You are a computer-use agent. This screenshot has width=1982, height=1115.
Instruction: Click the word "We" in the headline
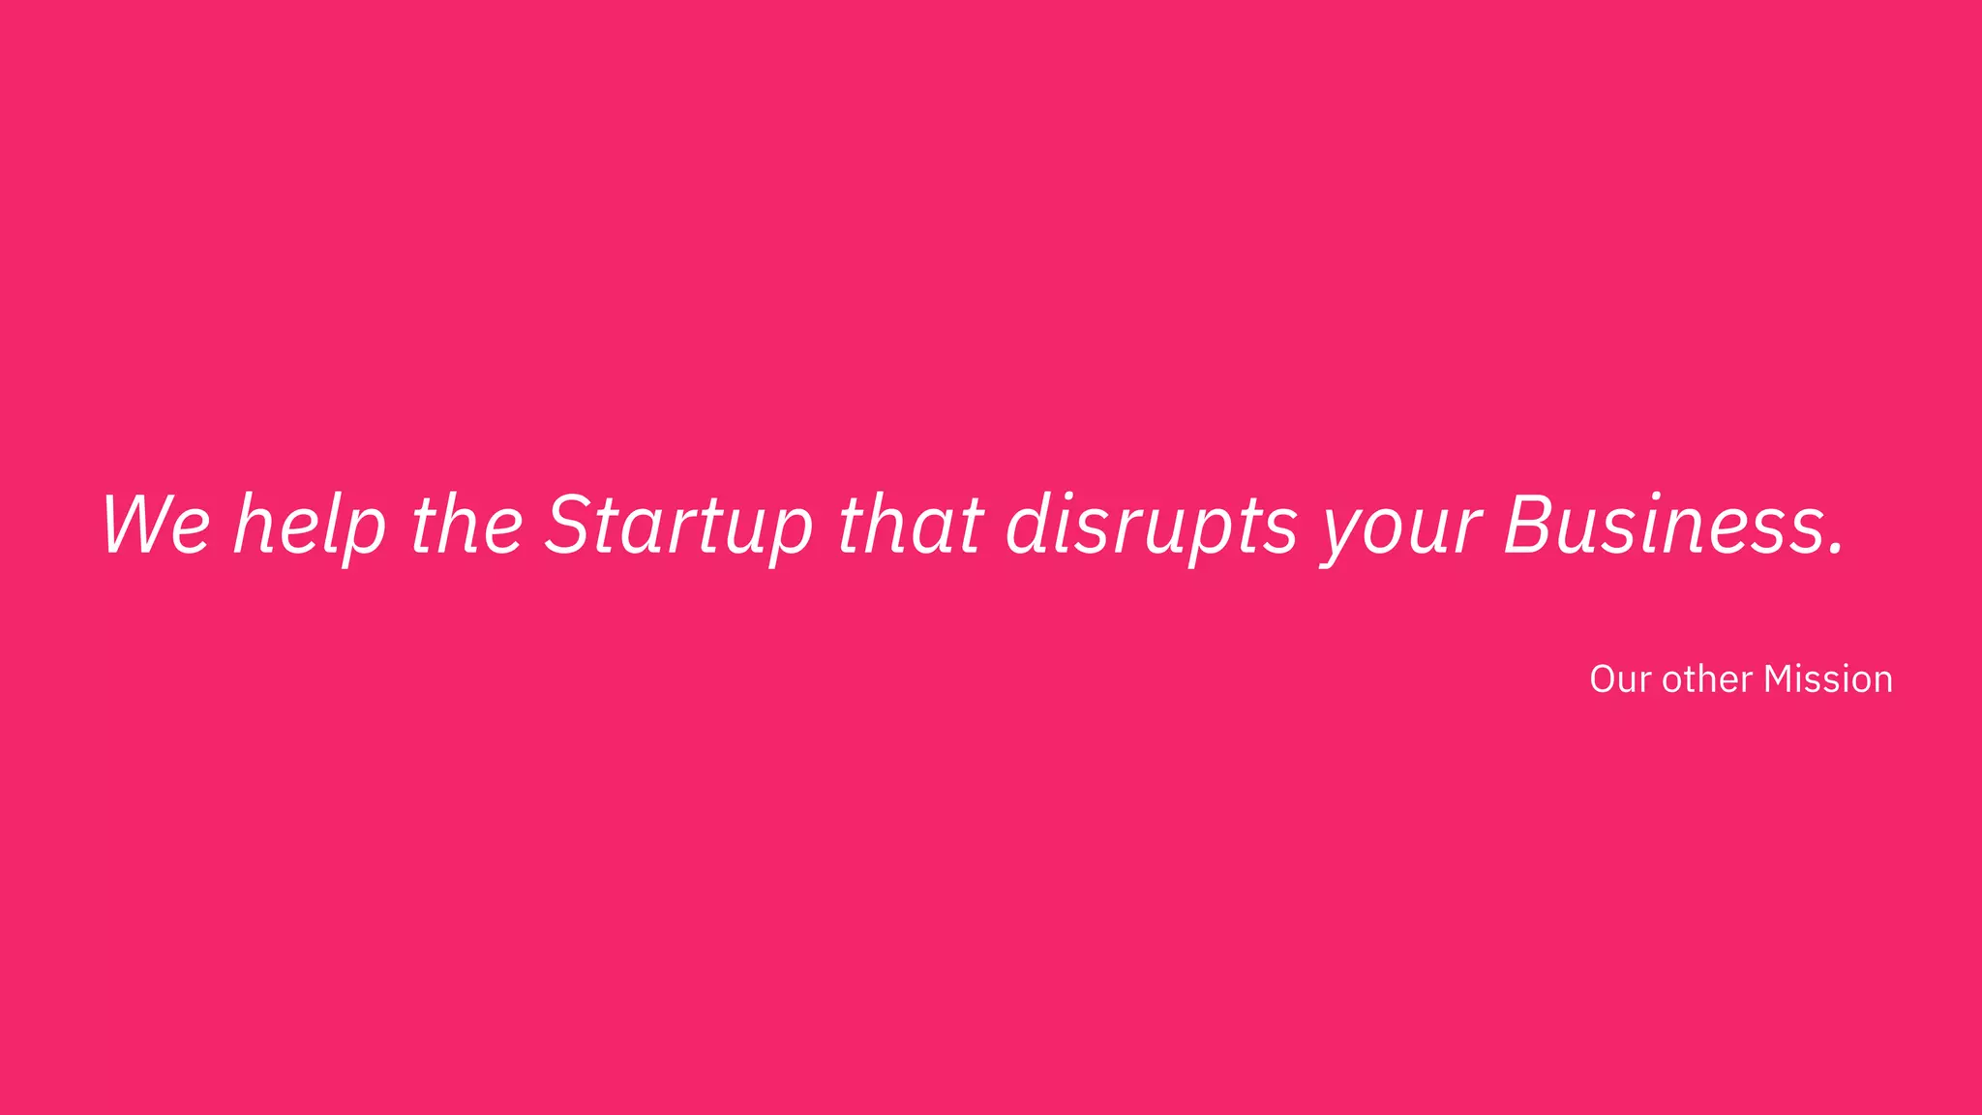tap(156, 525)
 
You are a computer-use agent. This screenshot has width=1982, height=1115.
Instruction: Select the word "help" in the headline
tap(310, 525)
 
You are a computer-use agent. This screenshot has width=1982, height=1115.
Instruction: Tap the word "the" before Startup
tap(467, 525)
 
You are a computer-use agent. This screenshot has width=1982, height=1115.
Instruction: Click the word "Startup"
tap(678, 525)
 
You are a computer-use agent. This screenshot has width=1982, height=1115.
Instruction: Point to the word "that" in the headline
tap(910, 525)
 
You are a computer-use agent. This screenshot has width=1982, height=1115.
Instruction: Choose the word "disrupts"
tap(1152, 525)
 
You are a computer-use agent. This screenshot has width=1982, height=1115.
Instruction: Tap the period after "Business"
tap(1836, 551)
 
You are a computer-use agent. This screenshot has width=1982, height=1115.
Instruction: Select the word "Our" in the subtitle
tap(1619, 679)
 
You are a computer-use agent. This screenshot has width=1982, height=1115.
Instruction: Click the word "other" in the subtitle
tap(1707, 679)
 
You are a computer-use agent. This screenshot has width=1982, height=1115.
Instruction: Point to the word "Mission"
tap(1827, 679)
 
